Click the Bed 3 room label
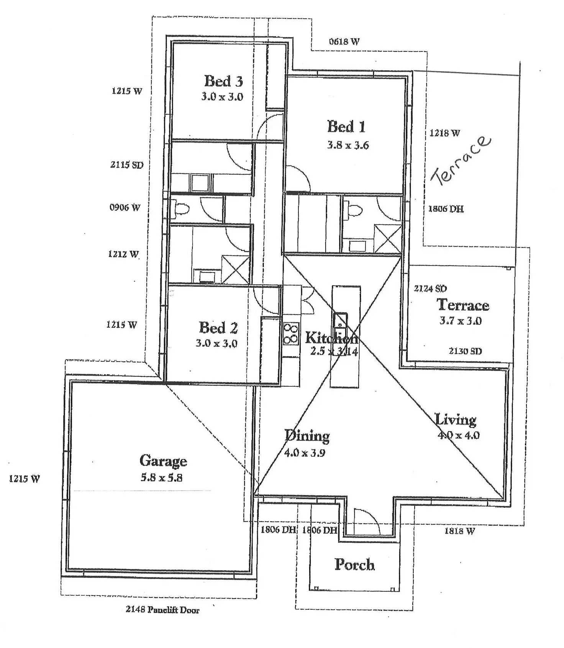click(223, 81)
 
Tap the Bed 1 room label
click(346, 127)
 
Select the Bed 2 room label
click(218, 328)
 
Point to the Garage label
click(163, 461)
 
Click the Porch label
click(354, 564)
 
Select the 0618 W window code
click(344, 41)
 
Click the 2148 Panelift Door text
click(162, 610)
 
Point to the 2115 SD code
click(127, 165)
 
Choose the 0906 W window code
click(125, 208)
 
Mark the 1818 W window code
click(459, 531)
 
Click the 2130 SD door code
click(465, 351)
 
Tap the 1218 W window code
click(444, 133)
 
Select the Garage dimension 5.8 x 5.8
click(161, 477)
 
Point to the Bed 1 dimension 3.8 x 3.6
click(348, 145)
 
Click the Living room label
click(455, 419)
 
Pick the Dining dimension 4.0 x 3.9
click(305, 453)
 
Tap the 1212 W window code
click(123, 254)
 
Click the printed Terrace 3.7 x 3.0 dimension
click(460, 321)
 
